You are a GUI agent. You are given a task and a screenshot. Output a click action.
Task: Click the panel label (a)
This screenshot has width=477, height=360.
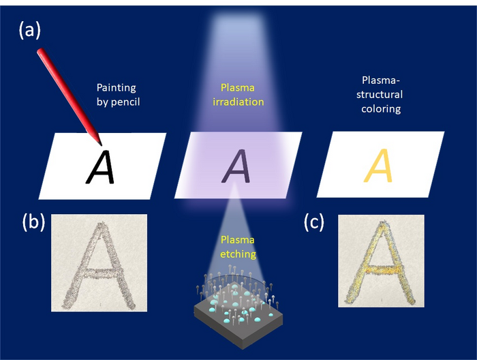point(31,31)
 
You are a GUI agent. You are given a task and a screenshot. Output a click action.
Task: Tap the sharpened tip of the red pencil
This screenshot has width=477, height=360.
point(100,144)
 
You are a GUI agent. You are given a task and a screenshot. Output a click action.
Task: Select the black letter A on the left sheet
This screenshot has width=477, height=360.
point(100,167)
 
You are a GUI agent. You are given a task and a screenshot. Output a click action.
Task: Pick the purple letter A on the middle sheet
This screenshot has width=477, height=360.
point(238,167)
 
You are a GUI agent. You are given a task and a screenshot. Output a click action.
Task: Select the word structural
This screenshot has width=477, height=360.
point(382,95)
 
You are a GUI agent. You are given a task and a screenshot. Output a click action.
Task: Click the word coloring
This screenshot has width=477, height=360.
point(382,108)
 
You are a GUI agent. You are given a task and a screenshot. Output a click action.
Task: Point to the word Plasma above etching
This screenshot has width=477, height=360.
point(238,240)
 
